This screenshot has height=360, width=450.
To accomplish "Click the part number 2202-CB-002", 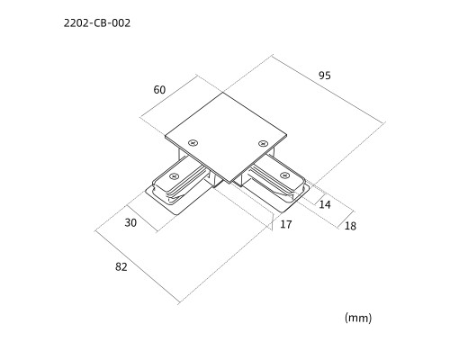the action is point(97,23).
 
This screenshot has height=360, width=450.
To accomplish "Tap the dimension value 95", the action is point(325,76).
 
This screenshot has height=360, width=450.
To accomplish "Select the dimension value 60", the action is point(159,90).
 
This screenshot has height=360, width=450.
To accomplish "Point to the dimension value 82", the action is point(121,266).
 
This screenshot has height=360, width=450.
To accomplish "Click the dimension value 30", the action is point(130,222).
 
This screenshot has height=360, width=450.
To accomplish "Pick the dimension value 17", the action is point(285,224).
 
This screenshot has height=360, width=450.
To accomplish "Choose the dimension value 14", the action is point(325,204).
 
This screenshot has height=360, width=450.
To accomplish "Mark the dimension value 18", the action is point(350,226).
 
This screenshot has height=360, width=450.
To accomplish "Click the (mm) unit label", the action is point(358,318).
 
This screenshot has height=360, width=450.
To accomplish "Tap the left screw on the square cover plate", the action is point(193,143).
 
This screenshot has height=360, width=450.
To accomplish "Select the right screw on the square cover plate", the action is point(263,143).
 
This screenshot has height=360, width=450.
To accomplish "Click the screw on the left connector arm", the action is point(174,176).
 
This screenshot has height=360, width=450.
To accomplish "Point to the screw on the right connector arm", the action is point(283,175).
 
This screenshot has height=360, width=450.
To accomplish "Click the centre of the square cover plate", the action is point(226,138).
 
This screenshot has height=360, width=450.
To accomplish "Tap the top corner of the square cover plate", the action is point(223,93).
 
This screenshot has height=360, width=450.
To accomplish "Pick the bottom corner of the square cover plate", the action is point(230,183).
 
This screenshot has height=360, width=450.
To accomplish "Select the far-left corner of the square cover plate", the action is point(165,137).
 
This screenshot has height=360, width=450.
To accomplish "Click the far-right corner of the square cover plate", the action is point(287,135).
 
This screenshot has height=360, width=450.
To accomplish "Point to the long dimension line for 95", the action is point(328,89).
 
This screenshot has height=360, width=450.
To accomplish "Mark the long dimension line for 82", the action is point(138,266).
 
